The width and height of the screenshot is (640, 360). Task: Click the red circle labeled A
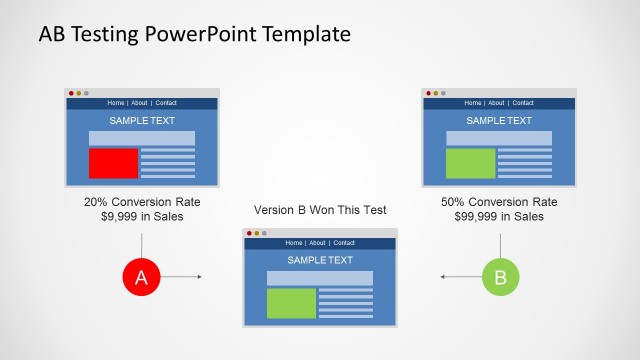(x=141, y=277)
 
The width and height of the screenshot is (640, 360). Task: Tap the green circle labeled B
(x=500, y=277)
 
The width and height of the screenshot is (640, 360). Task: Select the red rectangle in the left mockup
(x=113, y=163)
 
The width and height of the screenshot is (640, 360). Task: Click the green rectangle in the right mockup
(x=470, y=163)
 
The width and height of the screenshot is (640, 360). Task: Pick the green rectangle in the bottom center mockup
(x=291, y=303)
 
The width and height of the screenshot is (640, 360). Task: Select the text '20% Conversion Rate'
(x=141, y=201)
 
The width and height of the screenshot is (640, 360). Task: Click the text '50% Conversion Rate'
(x=499, y=201)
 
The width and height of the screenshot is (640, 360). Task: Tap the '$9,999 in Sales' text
(x=141, y=216)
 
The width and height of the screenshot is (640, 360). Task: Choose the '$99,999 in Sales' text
(x=499, y=216)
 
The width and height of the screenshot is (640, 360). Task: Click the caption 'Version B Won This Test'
(x=320, y=210)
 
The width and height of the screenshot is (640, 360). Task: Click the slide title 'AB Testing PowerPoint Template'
(x=194, y=34)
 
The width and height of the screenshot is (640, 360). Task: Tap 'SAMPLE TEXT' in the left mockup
(x=142, y=121)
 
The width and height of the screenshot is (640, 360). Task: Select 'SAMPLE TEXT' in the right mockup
(x=499, y=121)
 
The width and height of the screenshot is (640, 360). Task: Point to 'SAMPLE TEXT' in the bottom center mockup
(x=320, y=260)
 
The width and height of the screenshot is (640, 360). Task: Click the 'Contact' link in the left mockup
(x=166, y=103)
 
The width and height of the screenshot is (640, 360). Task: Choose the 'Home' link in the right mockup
(x=473, y=103)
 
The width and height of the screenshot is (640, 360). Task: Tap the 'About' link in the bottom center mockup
(x=317, y=243)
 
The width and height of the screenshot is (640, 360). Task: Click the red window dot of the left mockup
(x=71, y=93)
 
